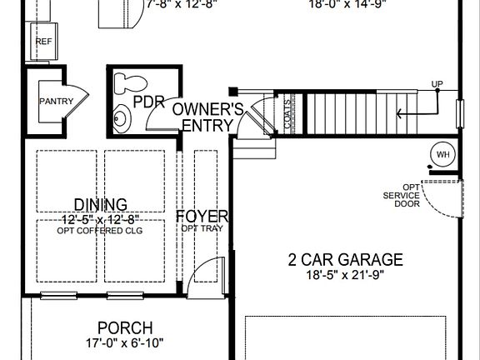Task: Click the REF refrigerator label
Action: click(x=43, y=40)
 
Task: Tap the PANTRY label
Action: click(x=57, y=102)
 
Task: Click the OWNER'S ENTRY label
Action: click(x=207, y=117)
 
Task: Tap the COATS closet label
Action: click(x=287, y=113)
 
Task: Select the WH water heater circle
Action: click(x=442, y=154)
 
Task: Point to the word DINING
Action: click(x=100, y=204)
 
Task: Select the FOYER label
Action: click(x=202, y=217)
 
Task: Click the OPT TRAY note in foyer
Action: click(x=202, y=228)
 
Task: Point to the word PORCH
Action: click(x=124, y=327)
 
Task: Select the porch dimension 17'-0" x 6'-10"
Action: click(x=124, y=342)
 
